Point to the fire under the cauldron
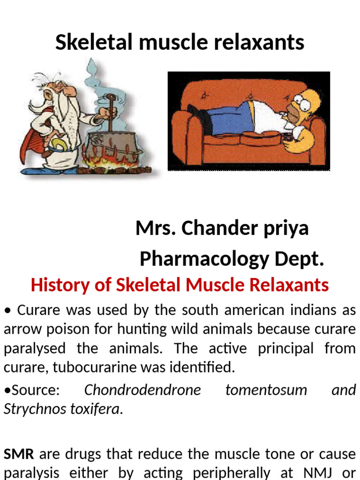115,166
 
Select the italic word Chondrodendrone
142,390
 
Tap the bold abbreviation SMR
19,454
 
